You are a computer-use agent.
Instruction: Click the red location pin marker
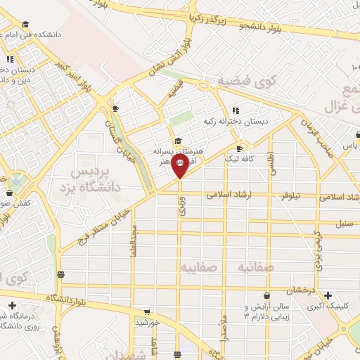click(x=179, y=165)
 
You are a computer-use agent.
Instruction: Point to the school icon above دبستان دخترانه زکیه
click(x=236, y=110)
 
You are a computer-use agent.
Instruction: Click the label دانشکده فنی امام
click(x=34, y=34)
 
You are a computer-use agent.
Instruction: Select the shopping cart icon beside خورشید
click(x=146, y=310)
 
